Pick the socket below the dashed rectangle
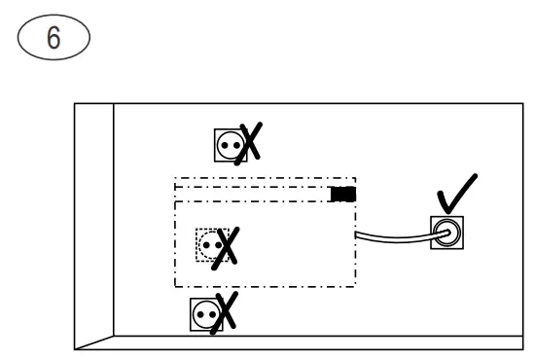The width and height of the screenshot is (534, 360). (206, 314)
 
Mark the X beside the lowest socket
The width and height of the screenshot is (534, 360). (228, 313)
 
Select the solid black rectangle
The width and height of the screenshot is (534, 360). (342, 194)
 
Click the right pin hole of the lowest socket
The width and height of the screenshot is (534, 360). (211, 314)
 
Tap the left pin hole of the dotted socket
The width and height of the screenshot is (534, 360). (205, 243)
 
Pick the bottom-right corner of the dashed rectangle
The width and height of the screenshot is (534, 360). (356, 286)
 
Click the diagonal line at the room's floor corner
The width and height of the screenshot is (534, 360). (94, 342)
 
